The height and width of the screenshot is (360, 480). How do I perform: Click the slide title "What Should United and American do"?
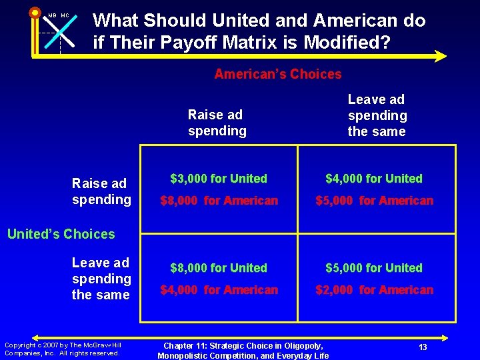click(x=259, y=21)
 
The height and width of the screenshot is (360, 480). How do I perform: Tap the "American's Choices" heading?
click(x=277, y=74)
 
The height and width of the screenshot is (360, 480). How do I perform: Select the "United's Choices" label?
click(x=61, y=234)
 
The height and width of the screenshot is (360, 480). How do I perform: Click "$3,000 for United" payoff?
click(x=219, y=179)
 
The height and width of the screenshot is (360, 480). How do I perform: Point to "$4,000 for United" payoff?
click(x=374, y=179)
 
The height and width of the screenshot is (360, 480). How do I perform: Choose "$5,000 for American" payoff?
click(x=374, y=201)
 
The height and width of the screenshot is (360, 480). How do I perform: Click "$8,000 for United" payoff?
click(x=219, y=268)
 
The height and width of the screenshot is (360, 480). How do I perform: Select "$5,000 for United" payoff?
click(x=374, y=268)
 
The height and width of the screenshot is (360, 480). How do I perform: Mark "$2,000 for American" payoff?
click(x=374, y=290)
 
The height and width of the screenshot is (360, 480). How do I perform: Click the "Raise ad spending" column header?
click(x=216, y=123)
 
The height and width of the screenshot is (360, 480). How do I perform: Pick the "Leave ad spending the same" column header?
click(x=377, y=115)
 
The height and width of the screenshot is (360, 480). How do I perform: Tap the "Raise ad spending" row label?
click(x=101, y=191)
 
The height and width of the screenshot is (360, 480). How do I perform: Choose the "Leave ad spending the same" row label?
click(x=101, y=279)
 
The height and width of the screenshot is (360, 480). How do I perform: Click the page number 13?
click(x=423, y=347)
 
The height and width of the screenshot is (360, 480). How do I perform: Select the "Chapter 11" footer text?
click(x=243, y=351)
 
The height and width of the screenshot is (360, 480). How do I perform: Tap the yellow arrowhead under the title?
click(x=440, y=56)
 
